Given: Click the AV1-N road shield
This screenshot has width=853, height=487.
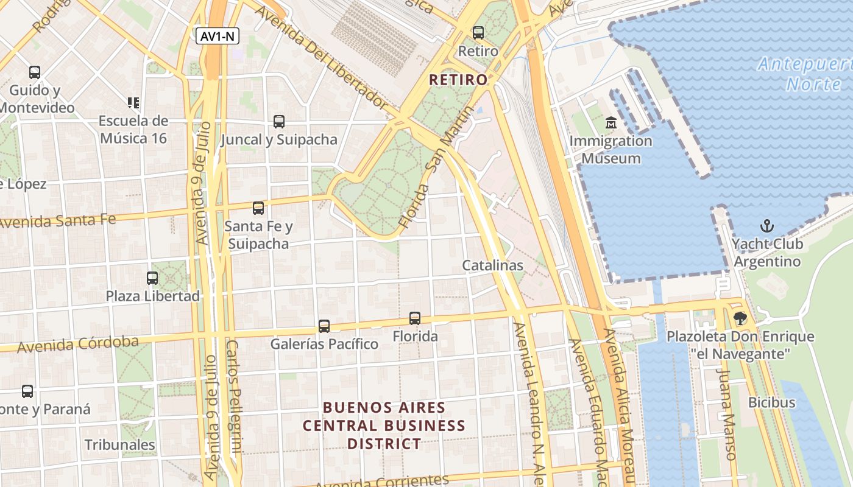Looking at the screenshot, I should coord(218,37).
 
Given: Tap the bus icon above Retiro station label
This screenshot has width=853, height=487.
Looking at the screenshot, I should coord(478,33).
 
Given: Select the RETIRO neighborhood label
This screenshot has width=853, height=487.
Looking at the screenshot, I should coord(458,80).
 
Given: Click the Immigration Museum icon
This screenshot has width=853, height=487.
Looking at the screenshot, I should coord(611,124).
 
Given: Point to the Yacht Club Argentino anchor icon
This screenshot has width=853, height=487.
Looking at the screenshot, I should coord(766,226).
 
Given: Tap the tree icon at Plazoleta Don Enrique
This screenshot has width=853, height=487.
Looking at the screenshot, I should coord(740,318).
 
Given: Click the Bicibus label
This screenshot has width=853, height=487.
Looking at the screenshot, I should coord(771,402).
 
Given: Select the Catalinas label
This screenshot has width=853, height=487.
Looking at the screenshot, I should coord(492,265).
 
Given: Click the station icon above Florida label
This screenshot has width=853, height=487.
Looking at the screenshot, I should coord(415,318).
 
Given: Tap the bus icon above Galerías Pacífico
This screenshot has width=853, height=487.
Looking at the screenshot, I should coord(324,326).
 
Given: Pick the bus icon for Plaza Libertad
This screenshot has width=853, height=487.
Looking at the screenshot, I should coord(152,278).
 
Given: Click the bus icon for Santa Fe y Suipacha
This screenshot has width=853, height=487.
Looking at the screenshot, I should coord(258,208).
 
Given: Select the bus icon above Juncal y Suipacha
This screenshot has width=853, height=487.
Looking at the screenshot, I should coord(278,121).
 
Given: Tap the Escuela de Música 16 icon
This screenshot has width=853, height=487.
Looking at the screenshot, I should coord(133,102).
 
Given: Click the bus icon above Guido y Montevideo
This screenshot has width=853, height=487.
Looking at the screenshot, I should coord(35,72).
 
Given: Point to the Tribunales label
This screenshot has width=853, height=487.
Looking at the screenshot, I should coord(120,445).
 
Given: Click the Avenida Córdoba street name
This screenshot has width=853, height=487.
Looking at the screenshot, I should coord(78,344).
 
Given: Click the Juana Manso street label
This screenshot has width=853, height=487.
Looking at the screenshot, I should coord(726,414).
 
